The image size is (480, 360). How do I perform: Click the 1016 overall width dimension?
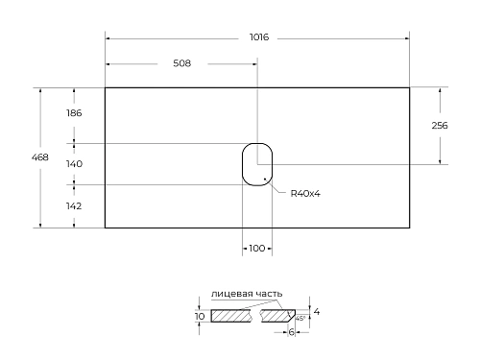tap(257, 38)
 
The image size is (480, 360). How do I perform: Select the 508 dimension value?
tap(182, 64)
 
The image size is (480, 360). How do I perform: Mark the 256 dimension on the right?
tap(441, 126)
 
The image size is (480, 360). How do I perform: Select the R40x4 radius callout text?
tap(304, 193)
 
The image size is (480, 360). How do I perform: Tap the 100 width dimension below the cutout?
tap(256, 249)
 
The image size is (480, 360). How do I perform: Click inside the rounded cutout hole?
tap(256, 164)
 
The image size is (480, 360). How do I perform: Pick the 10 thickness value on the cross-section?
tap(200, 316)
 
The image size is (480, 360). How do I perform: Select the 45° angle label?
tap(300, 318)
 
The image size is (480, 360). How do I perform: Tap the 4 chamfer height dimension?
tap(316, 312)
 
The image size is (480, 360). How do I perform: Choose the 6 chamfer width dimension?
tap(291, 332)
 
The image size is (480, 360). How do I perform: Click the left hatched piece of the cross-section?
tap(230, 316)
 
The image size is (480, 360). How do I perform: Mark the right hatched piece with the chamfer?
tap(278, 316)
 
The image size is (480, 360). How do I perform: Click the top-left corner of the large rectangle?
tap(105, 88)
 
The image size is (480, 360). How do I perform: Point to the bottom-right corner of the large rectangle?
tap(410, 228)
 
